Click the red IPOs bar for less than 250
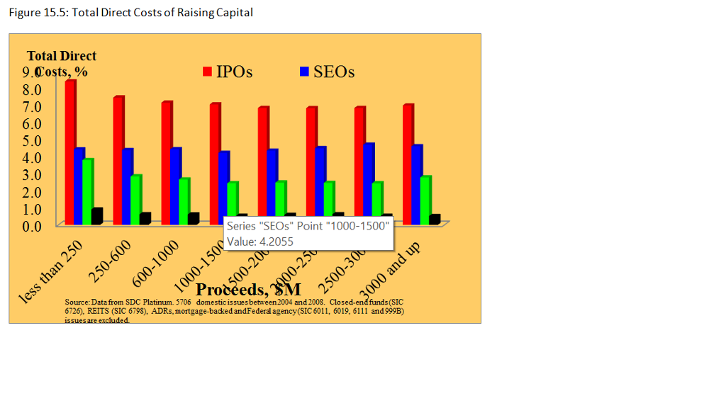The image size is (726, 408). tap(70, 152)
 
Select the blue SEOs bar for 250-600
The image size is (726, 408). tap(128, 186)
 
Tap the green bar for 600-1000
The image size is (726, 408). tap(184, 200)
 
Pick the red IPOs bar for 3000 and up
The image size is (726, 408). tap(408, 164)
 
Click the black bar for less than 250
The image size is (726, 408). tap(96, 216)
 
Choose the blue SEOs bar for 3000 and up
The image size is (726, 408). tap(417, 184)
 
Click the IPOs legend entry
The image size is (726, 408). tap(228, 72)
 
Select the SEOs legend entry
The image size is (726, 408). tap(327, 72)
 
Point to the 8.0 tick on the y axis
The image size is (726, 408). tap(32, 90)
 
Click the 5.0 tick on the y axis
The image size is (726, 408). tap(32, 140)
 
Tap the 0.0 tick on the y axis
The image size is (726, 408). tap(32, 226)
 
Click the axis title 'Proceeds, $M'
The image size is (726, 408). tap(248, 290)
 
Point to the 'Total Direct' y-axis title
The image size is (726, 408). tap(62, 56)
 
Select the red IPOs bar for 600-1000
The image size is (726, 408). tap(167, 163)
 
